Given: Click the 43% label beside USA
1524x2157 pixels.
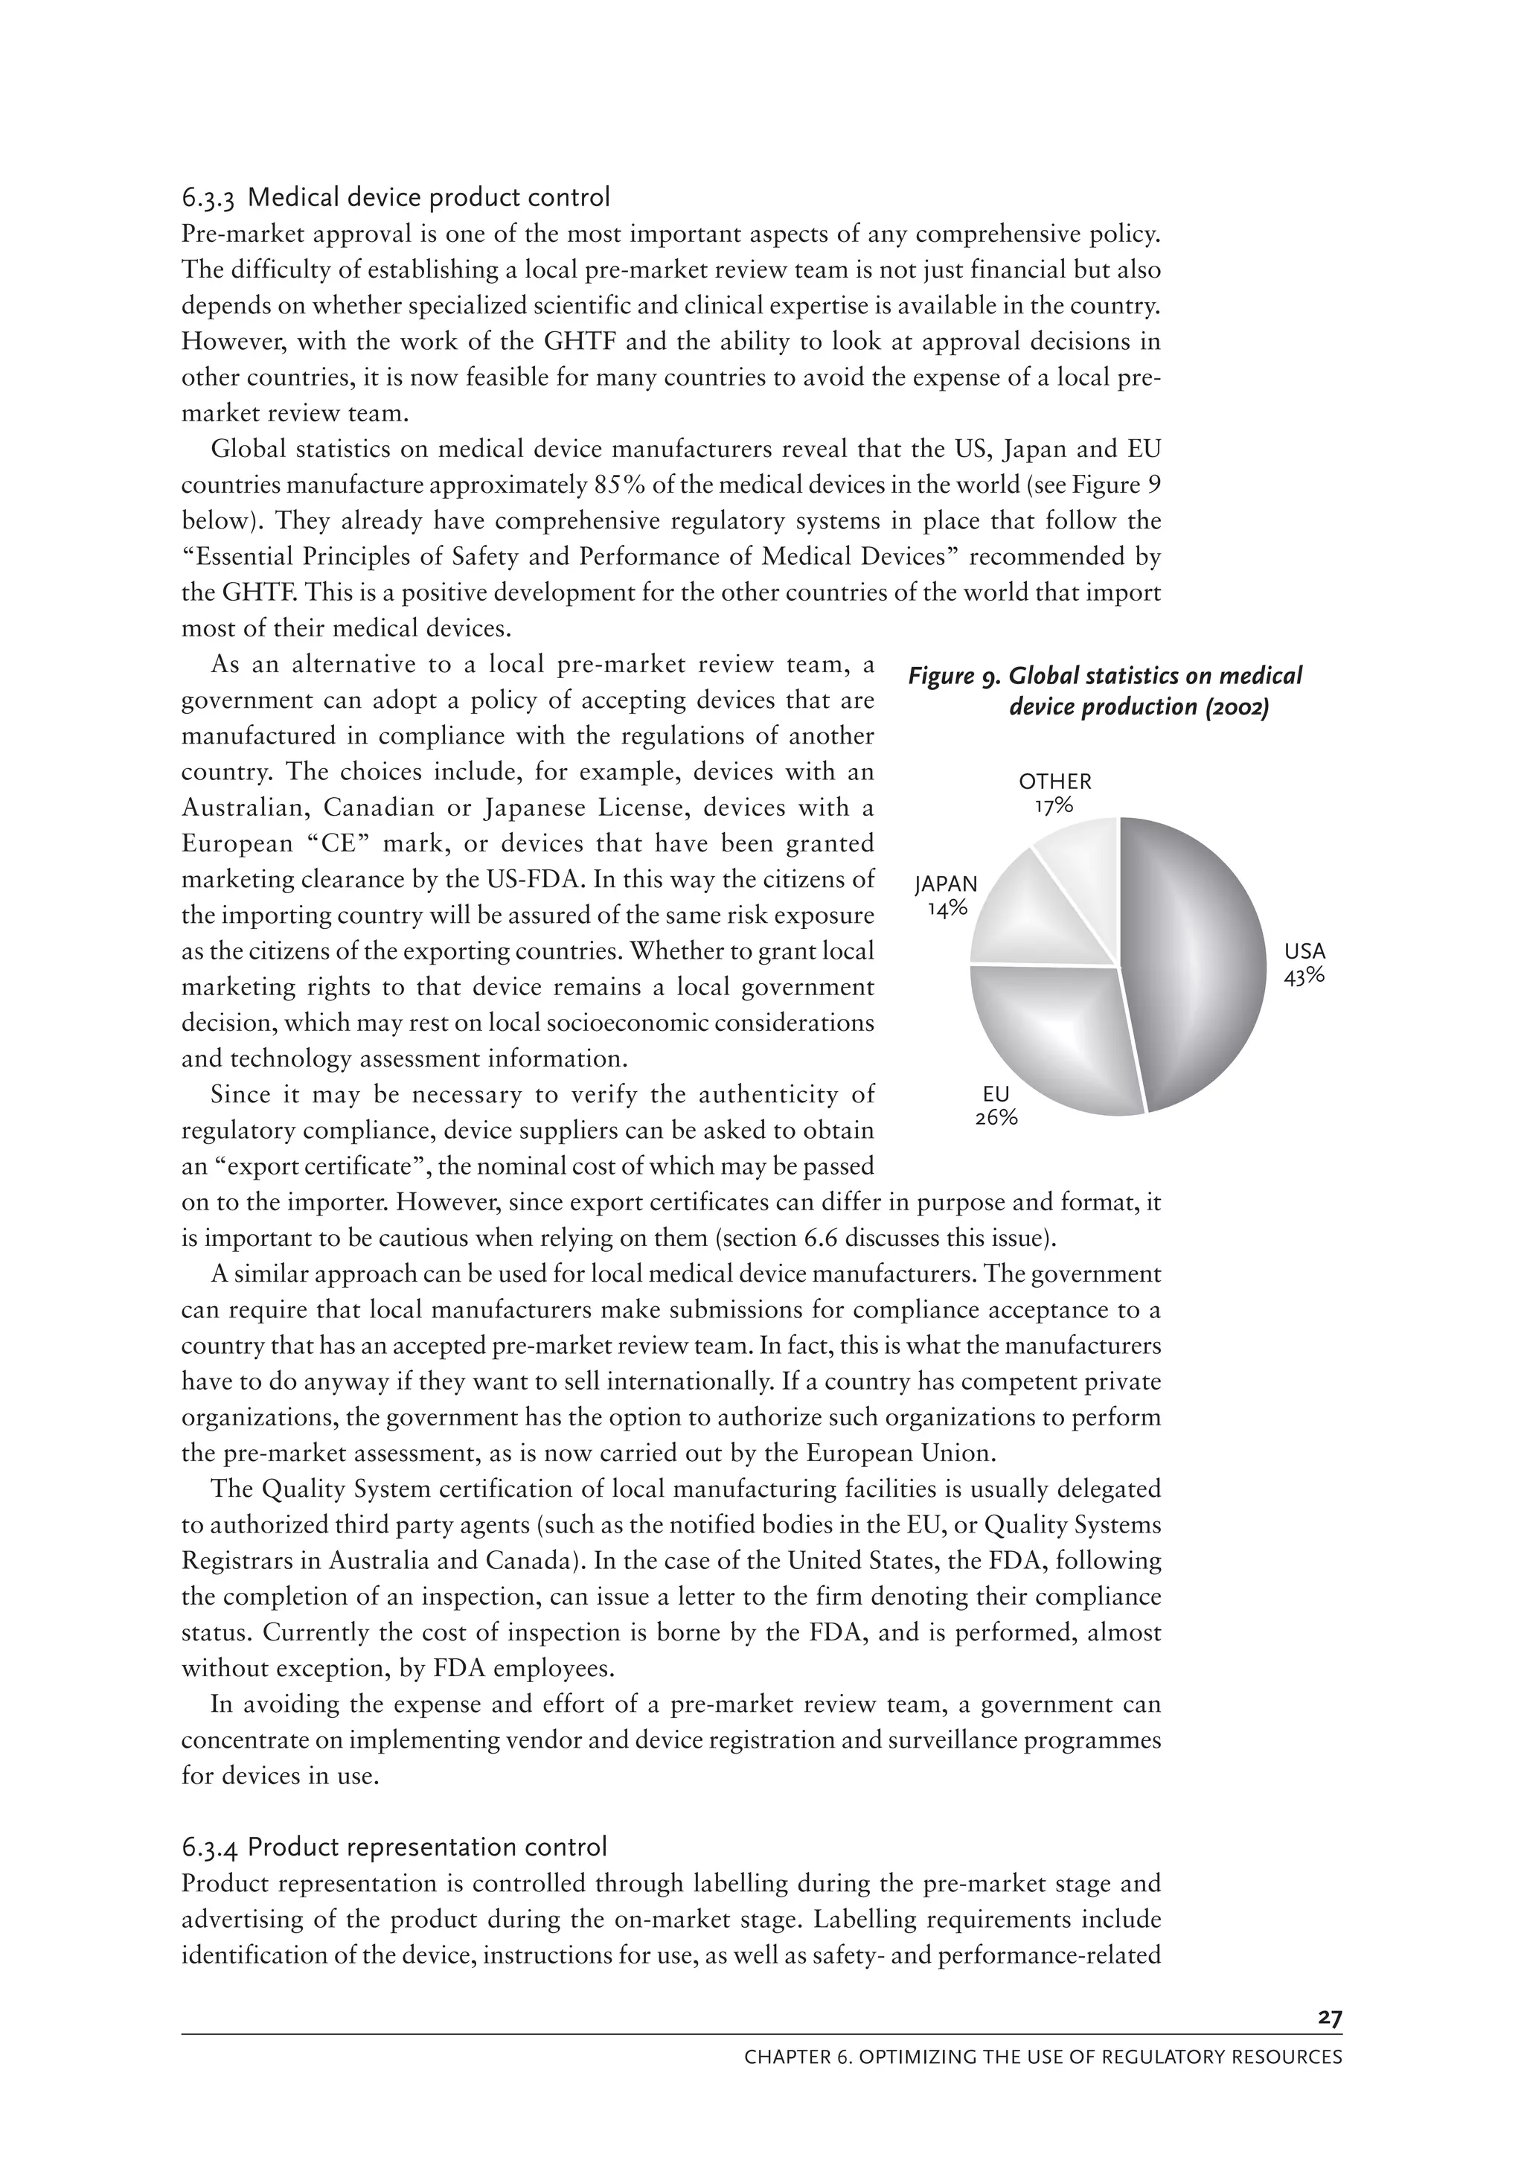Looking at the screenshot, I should click(1304, 976).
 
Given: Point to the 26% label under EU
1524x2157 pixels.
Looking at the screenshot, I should click(996, 1118).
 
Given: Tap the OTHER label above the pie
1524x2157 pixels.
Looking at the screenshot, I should click(1055, 782).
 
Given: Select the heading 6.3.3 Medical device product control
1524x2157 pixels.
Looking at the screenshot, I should click(395, 197).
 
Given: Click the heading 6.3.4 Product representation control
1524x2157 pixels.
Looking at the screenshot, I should click(394, 1847).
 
